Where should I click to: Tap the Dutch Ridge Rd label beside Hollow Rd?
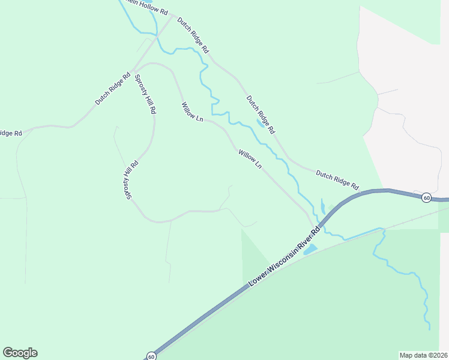(x=193, y=34)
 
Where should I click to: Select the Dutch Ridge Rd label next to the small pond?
(x=260, y=114)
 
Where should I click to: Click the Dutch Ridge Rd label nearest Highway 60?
(x=337, y=178)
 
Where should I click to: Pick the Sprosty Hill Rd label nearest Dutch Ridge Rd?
(x=145, y=94)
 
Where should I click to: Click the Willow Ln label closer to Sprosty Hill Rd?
(x=193, y=113)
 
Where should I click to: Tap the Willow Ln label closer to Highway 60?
(x=250, y=159)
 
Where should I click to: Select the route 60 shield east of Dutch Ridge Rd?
(x=426, y=197)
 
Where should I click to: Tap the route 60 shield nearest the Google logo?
(x=151, y=356)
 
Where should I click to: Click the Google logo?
(x=20, y=353)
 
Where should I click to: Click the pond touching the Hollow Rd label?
(x=163, y=9)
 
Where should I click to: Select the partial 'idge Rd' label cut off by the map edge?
(x=11, y=133)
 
